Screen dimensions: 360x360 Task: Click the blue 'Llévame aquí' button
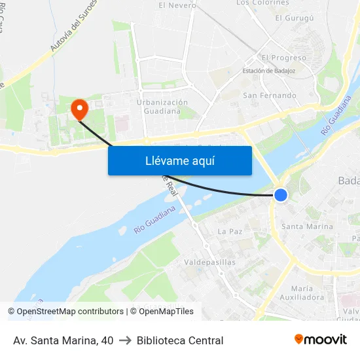point(179,160)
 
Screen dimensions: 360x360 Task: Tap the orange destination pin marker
point(79,109)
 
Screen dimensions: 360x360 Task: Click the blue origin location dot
point(281,194)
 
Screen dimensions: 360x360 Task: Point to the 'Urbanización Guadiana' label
point(162,107)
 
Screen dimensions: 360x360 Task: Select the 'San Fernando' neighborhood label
point(269,96)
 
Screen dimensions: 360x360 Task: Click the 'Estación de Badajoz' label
point(269,71)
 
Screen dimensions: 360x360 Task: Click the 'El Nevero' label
point(177,5)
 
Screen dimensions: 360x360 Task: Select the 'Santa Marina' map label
point(306,226)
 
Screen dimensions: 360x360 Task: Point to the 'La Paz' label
point(230,231)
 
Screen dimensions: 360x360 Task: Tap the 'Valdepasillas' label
point(210,262)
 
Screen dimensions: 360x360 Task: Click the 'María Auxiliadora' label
point(308,293)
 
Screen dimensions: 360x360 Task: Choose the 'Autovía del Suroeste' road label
point(73,26)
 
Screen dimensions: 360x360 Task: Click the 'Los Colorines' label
point(262,3)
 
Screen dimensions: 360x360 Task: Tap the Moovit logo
point(321,339)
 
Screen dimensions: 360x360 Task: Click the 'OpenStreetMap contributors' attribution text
point(70,312)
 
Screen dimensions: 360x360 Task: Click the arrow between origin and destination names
point(125,340)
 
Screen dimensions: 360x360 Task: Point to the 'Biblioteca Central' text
point(180,340)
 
